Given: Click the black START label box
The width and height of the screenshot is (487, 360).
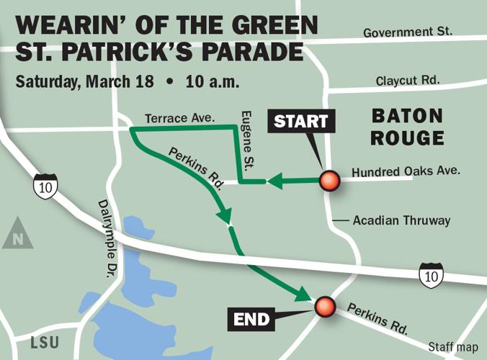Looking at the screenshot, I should point(301,121).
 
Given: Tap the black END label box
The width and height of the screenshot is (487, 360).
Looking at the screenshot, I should point(251,319).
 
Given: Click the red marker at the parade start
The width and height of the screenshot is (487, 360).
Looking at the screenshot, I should point(330,181).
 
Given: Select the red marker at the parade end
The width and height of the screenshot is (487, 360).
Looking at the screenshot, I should point(325,307).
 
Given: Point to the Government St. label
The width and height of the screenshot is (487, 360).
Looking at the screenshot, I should point(408,33).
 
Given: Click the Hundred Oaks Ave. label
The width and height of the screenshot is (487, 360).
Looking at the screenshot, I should point(406,172).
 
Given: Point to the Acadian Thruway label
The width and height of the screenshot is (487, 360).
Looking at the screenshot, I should point(401,220).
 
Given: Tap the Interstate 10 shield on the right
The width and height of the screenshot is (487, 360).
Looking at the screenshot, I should point(431,275).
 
